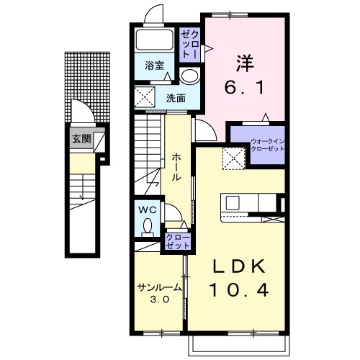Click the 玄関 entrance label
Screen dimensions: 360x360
click(82, 139)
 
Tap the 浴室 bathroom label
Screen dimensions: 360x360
click(154, 66)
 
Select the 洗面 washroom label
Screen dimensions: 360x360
click(176, 98)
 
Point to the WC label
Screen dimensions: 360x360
click(148, 210)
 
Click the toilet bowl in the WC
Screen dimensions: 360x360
click(148, 228)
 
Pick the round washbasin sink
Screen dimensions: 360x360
click(189, 76)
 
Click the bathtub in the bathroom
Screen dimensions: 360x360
click(154, 40)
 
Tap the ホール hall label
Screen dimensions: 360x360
click(176, 167)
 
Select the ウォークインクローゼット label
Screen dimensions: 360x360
click(267, 145)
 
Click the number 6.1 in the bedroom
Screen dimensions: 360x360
click(245, 87)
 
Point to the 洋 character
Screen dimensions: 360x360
click(245, 63)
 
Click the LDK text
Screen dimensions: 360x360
click(239, 266)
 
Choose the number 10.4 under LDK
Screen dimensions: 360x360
click(239, 290)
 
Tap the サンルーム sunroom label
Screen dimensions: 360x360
click(159, 287)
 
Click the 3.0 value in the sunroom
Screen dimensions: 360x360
click(159, 299)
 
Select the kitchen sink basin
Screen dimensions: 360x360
click(233, 203)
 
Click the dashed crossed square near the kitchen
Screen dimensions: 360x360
click(233, 158)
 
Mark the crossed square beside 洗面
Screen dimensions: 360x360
click(145, 97)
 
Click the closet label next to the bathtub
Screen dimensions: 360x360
click(189, 45)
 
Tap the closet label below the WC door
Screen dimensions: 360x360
click(178, 241)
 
